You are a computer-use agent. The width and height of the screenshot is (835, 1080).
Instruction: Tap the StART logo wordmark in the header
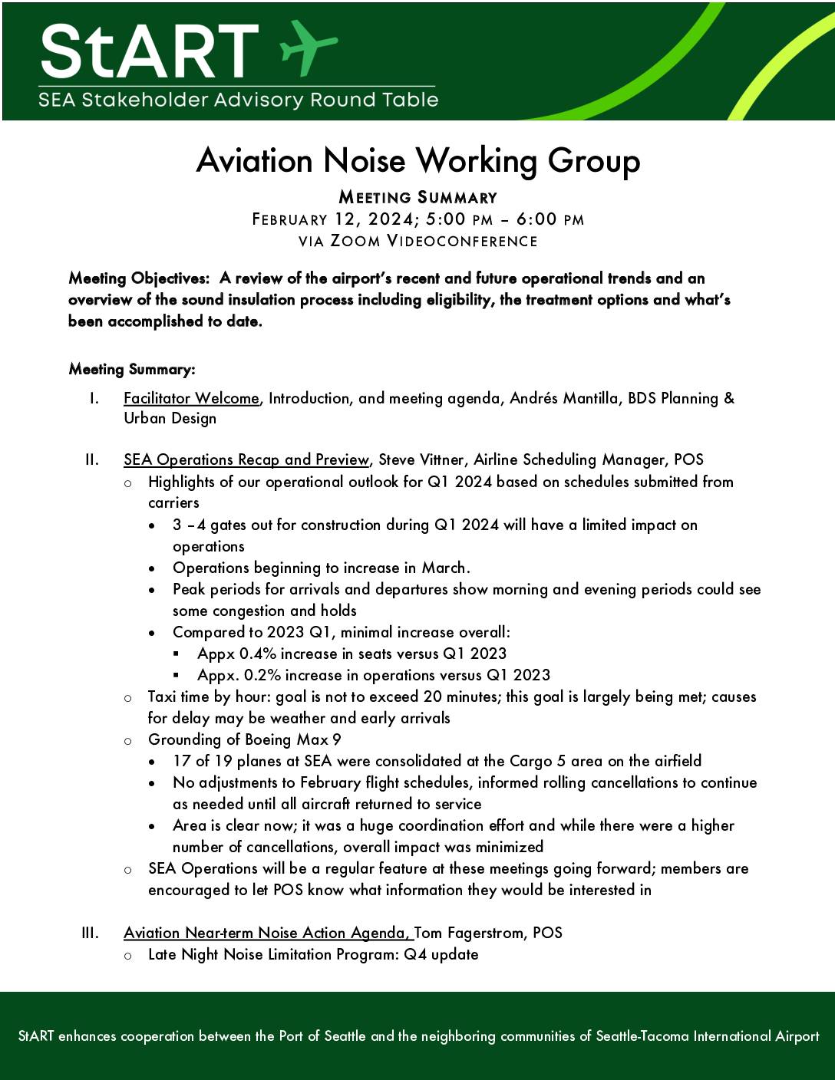150,51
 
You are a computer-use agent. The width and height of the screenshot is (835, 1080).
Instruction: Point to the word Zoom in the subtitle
355,241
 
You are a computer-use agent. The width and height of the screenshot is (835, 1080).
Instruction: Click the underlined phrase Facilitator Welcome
191,398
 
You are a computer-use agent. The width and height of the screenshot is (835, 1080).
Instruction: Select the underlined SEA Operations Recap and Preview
246,459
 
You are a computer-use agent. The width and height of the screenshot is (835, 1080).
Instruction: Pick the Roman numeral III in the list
90,933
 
